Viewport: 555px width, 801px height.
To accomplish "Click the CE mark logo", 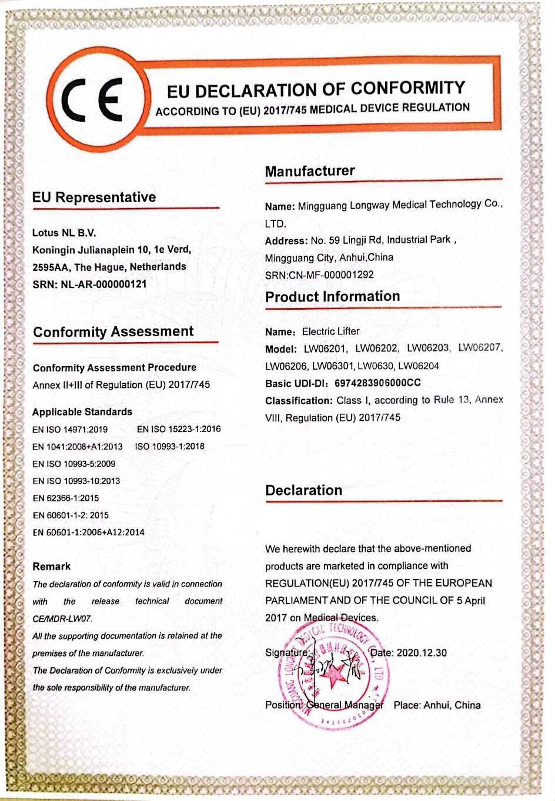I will (x=94, y=99).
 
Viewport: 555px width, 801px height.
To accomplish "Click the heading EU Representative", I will (x=94, y=197).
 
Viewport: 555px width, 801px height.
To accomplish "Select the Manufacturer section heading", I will (x=310, y=171).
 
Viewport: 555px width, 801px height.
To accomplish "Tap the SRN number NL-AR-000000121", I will (x=103, y=284).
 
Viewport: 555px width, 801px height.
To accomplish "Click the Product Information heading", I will (x=332, y=297).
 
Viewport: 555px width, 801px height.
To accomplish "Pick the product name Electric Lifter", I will (x=330, y=331).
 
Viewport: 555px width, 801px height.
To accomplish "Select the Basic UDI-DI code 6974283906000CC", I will (x=377, y=383).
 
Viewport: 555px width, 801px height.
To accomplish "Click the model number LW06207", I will (x=480, y=348).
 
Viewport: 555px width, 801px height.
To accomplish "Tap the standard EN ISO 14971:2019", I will (x=70, y=430).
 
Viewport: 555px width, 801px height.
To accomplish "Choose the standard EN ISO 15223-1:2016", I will (x=179, y=429).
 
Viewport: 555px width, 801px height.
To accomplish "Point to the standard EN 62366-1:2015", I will (x=66, y=498).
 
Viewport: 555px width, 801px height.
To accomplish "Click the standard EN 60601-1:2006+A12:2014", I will (x=88, y=532).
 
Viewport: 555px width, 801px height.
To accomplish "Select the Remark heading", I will (x=52, y=567).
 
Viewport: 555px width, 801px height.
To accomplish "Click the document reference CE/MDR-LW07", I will (x=62, y=619).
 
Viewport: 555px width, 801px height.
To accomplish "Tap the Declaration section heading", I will (x=303, y=491).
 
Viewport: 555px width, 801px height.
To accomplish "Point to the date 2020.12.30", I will (x=421, y=653).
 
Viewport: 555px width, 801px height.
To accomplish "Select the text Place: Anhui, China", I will (x=437, y=705).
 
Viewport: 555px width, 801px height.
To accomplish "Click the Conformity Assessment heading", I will (x=113, y=332).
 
